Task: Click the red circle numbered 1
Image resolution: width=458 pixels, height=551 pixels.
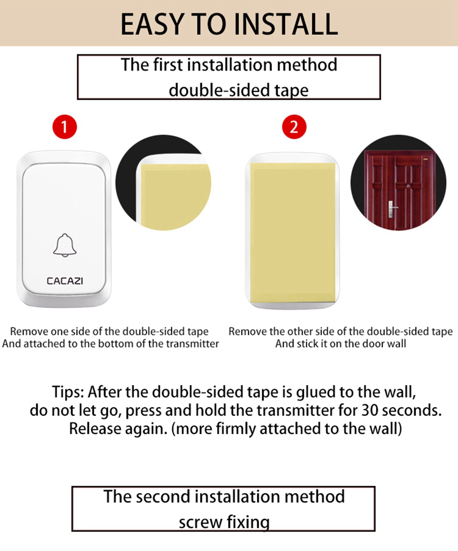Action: coord(65,126)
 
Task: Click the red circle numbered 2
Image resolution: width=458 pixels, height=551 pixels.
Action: coord(294,126)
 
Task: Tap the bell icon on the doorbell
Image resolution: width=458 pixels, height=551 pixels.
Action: coord(65,245)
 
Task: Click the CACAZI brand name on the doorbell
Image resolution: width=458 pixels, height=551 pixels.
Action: coord(65,281)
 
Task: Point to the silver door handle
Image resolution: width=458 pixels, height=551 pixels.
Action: coord(391,209)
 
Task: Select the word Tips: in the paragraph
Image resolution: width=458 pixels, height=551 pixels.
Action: coord(68,392)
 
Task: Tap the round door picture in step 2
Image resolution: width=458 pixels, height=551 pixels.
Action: coord(398,183)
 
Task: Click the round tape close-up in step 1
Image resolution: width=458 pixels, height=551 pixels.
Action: coord(164,183)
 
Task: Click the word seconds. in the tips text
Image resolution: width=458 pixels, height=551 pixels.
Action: coord(412,410)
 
